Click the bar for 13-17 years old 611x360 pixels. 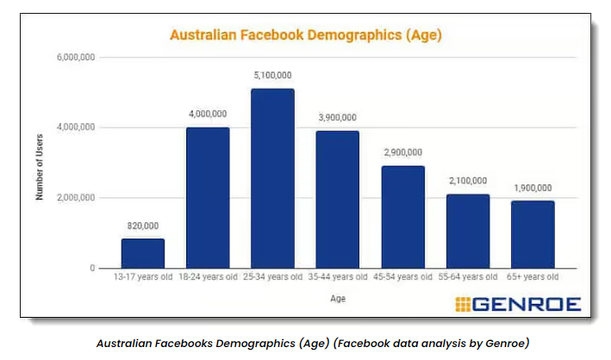(x=143, y=253)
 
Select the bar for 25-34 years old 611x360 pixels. (x=272, y=178)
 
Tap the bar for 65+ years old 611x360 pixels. (x=533, y=234)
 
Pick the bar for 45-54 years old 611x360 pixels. (x=402, y=217)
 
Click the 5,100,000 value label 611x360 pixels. (x=272, y=75)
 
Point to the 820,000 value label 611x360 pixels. (x=143, y=226)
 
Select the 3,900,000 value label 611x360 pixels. (x=337, y=117)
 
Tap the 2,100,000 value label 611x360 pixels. (x=467, y=181)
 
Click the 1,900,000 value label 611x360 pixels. (x=532, y=188)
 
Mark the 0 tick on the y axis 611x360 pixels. (x=90, y=269)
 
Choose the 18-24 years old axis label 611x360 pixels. (x=208, y=277)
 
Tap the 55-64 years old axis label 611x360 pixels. (x=467, y=277)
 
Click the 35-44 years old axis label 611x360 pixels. (x=337, y=277)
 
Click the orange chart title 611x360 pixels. (x=306, y=35)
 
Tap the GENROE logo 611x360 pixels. (x=517, y=303)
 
